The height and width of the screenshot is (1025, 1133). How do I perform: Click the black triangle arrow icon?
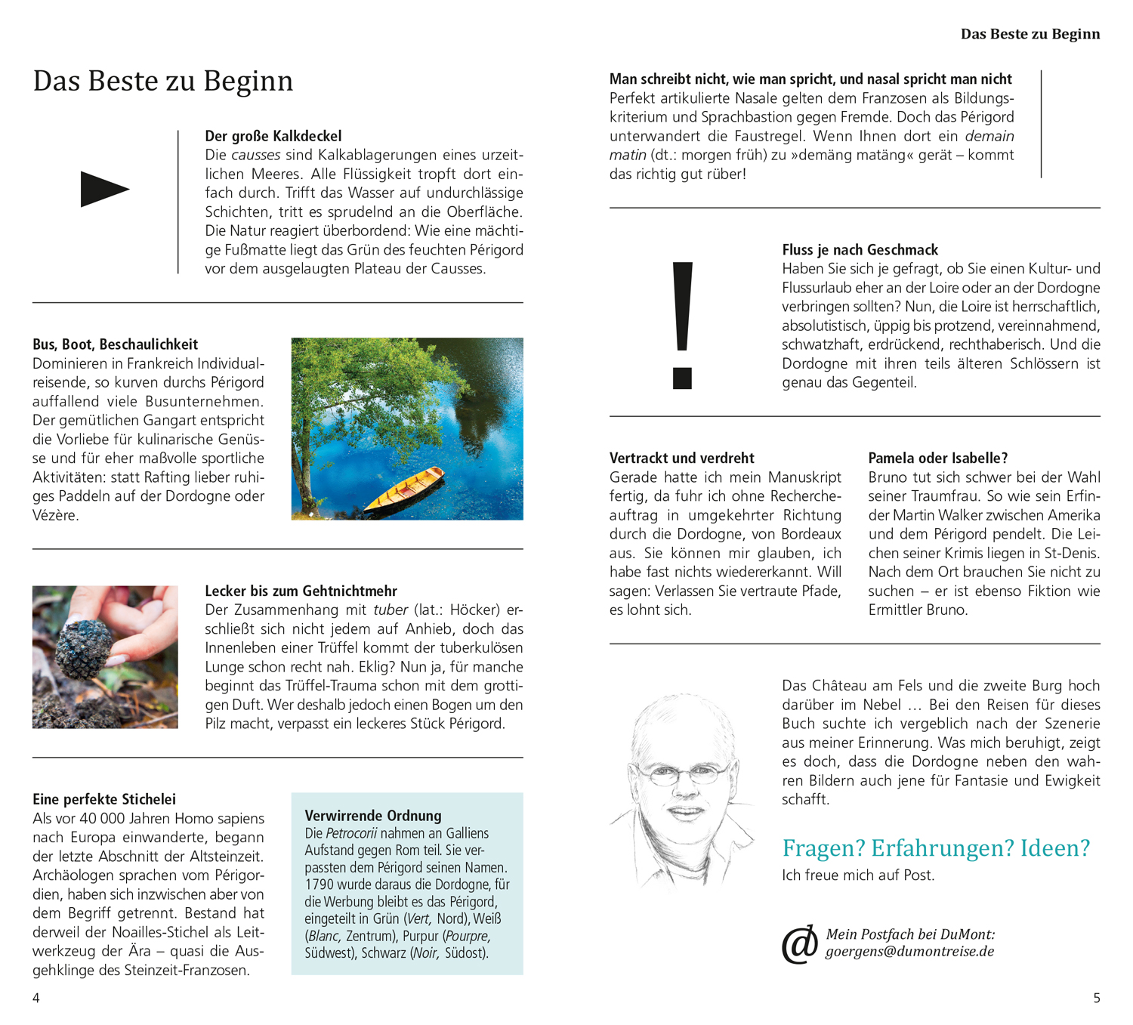click(104, 189)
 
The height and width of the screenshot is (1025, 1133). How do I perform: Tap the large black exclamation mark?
click(682, 325)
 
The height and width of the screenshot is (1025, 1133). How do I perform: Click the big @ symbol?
click(800, 944)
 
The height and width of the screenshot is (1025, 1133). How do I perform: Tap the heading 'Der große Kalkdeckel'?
click(273, 136)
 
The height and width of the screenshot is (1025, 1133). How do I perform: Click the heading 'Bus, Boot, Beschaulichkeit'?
click(116, 344)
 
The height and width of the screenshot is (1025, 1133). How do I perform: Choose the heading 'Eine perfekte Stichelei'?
click(104, 799)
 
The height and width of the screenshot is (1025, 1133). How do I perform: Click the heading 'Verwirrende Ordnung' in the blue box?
click(373, 816)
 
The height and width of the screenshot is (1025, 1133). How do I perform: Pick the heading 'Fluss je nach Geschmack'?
click(860, 250)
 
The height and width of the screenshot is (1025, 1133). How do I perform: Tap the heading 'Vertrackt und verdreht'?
click(681, 458)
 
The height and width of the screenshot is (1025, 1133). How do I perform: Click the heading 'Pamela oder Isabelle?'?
click(937, 458)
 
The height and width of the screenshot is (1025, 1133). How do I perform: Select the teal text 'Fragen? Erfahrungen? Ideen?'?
click(936, 848)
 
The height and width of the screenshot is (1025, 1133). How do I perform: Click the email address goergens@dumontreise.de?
click(909, 952)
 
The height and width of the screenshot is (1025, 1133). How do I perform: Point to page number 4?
click(36, 998)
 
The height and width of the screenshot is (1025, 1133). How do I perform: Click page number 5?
click(1096, 998)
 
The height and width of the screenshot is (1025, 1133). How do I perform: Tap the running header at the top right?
click(1030, 34)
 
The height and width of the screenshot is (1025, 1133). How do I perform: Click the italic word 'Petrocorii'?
click(351, 833)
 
